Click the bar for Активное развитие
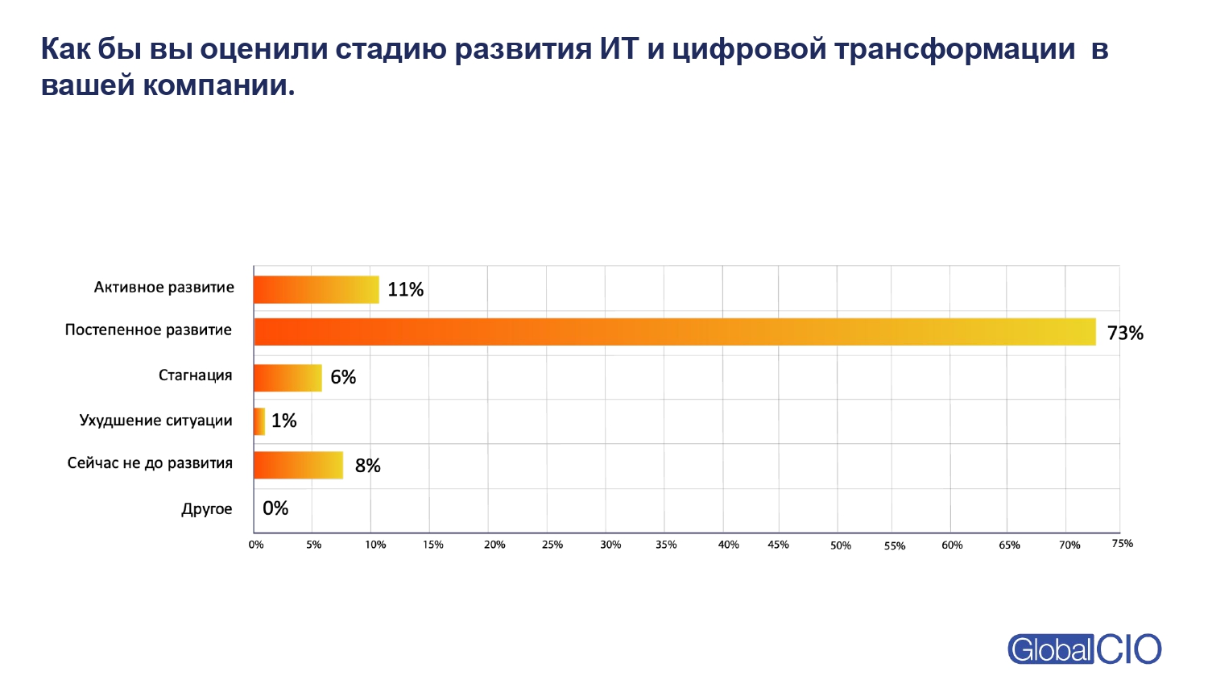coord(316,290)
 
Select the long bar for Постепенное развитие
coord(675,332)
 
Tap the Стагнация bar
coord(288,378)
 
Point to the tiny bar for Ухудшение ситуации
coord(259,421)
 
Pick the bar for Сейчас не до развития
coord(298,465)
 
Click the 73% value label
coord(1125,333)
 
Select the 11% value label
coord(405,290)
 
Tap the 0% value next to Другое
coord(275,508)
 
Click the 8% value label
coord(367,466)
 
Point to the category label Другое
coord(207,509)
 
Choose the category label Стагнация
coord(195,375)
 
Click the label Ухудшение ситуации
coord(155,421)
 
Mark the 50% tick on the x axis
coord(841,545)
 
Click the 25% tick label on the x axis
coord(552,545)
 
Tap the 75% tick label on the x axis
coord(1122,544)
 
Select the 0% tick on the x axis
coord(256,545)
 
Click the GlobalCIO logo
coord(1084,649)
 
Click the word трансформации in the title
coord(954,49)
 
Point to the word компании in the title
coord(218,85)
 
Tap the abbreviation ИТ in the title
coord(618,49)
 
